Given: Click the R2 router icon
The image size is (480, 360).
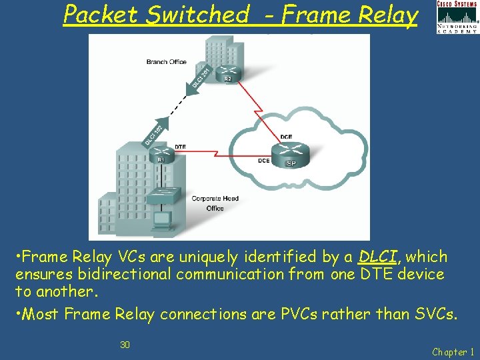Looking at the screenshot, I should tap(228, 73).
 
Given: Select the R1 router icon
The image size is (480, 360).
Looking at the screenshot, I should tap(161, 155).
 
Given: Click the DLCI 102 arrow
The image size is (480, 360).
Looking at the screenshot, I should tap(155, 132).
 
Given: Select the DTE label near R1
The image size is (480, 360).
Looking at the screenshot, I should tap(180, 146).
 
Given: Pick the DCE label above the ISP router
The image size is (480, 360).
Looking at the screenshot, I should tap(286, 137).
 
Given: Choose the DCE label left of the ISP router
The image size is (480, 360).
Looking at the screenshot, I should tap(264, 161).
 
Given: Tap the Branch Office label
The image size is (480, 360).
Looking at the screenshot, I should tap(166, 62).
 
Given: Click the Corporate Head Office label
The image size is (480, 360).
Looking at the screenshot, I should tap(215, 203).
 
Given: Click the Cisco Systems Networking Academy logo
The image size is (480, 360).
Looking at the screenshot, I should tap(457, 17).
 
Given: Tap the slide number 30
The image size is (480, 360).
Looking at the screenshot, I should tap(125, 345).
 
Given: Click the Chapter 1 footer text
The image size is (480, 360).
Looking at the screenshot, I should tap(453, 351).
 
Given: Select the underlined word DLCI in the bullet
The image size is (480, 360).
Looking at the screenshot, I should tap(378, 257).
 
